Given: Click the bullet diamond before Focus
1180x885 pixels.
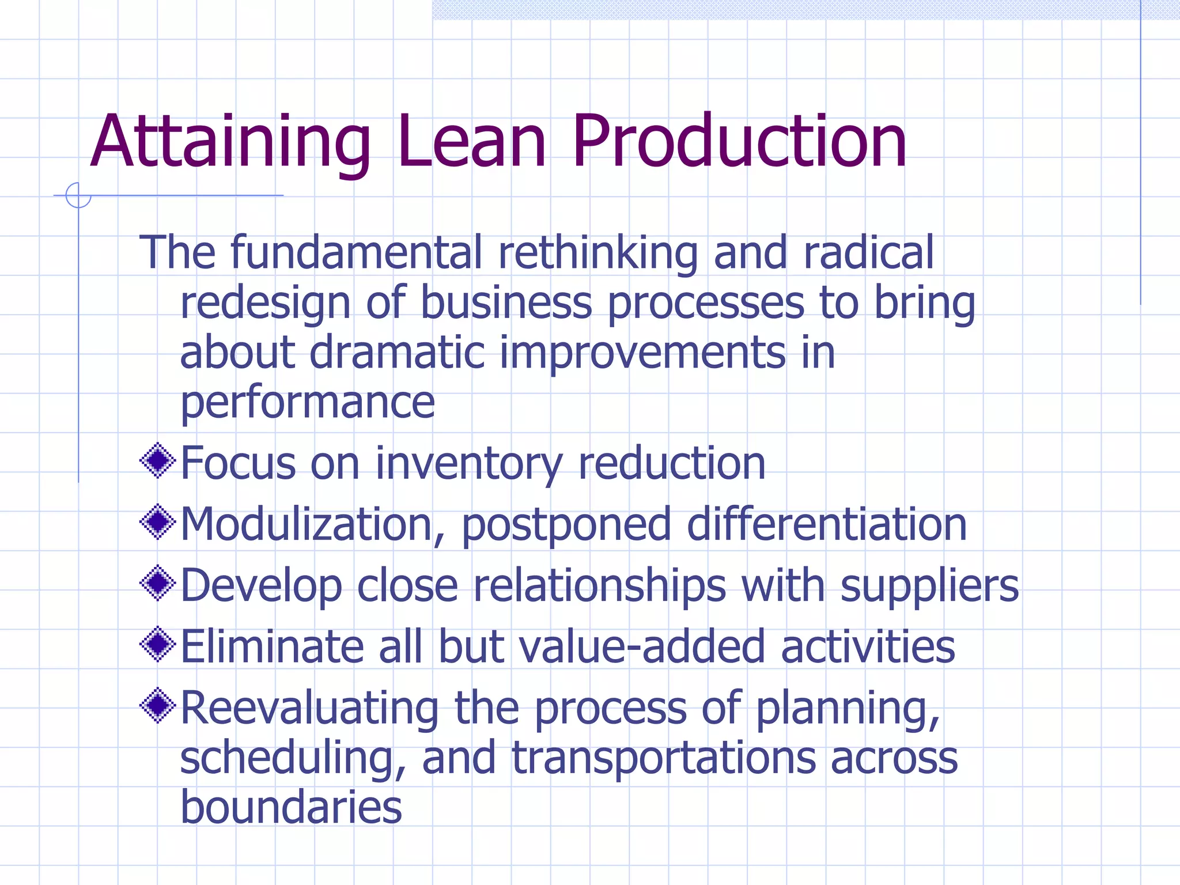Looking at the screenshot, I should pos(157,461).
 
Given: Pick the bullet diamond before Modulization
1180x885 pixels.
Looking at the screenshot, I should pos(157,523).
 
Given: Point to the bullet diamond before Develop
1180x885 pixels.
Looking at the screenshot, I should pos(157,584).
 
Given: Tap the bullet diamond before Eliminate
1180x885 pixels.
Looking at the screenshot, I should pos(157,645).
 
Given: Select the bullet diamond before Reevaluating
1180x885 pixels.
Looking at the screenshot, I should pos(157,706).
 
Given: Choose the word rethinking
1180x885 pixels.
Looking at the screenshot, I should pos(598,254).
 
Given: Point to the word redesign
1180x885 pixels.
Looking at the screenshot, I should pos(265,304).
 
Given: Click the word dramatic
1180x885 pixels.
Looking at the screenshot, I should pos(397,352).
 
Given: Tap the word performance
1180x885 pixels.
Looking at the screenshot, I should pos(308,403).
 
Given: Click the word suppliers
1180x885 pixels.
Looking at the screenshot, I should pos(929,587).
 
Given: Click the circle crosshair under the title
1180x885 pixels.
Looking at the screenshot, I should pos(78,195).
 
